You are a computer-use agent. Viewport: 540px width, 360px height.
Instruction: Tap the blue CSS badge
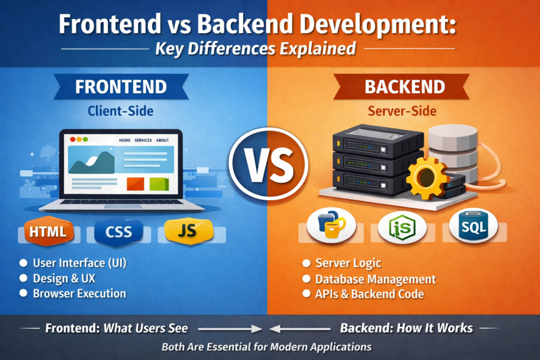click(119, 231)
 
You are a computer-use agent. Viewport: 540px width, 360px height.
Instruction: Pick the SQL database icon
click(473, 227)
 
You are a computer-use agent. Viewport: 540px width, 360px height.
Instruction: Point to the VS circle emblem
click(269, 166)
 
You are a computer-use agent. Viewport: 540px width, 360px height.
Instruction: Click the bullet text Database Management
click(375, 279)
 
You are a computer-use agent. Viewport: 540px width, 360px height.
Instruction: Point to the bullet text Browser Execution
click(79, 294)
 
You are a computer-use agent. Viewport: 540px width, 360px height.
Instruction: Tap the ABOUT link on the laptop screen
click(162, 140)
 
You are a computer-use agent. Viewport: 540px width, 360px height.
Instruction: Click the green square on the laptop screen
click(159, 183)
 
